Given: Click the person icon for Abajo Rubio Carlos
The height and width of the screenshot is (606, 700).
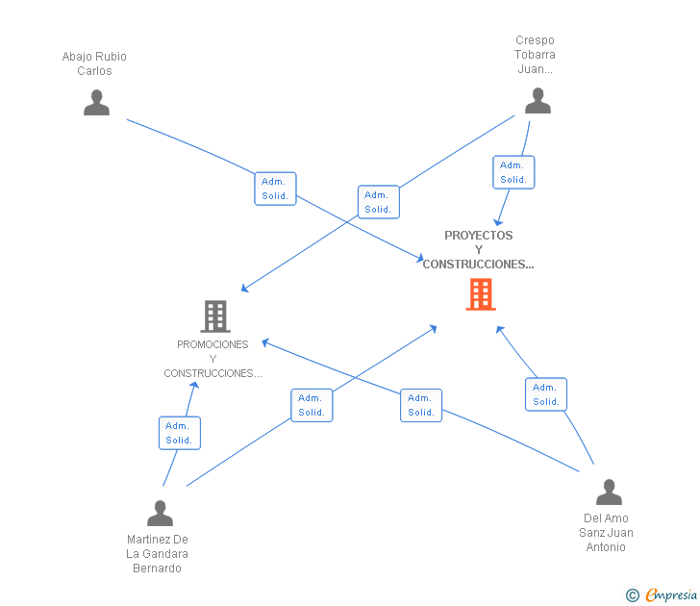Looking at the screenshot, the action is (96, 103).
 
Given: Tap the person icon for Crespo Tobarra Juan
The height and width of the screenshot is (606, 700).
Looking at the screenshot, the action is (537, 100).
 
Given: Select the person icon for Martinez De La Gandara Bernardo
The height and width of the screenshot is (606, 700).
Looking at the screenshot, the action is (160, 513).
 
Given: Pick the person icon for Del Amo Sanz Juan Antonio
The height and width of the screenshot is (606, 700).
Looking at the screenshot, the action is (609, 492).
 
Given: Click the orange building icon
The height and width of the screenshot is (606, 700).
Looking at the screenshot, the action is (481, 294).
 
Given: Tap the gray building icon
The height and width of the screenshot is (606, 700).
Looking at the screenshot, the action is (215, 316).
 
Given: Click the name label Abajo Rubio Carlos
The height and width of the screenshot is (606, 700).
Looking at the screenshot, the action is (94, 63).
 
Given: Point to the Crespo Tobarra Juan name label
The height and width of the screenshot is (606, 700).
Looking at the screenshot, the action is (535, 55).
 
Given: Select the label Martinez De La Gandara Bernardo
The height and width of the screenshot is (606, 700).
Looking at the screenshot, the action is (157, 554).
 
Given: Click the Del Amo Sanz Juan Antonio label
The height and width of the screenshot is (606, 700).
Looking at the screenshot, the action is (606, 532).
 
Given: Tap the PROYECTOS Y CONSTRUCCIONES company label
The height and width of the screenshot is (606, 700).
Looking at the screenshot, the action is (478, 250).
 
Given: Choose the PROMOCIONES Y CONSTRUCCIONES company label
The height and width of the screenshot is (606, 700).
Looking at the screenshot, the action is (212, 359).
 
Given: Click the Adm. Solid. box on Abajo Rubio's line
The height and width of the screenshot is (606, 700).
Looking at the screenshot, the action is (275, 189).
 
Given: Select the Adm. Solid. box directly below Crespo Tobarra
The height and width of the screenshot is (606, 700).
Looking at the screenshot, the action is (513, 172).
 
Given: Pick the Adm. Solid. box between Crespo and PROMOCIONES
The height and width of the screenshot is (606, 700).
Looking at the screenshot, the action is (378, 202).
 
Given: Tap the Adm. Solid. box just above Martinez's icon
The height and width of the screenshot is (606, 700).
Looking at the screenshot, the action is (180, 433).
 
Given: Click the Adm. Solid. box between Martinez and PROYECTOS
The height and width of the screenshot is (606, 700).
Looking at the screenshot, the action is (312, 405).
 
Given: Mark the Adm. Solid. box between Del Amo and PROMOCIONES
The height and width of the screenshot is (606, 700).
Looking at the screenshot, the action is (421, 405).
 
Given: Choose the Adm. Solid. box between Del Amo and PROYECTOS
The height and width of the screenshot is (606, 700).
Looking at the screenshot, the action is (546, 394).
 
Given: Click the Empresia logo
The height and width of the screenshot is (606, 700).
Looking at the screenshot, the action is (662, 594).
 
